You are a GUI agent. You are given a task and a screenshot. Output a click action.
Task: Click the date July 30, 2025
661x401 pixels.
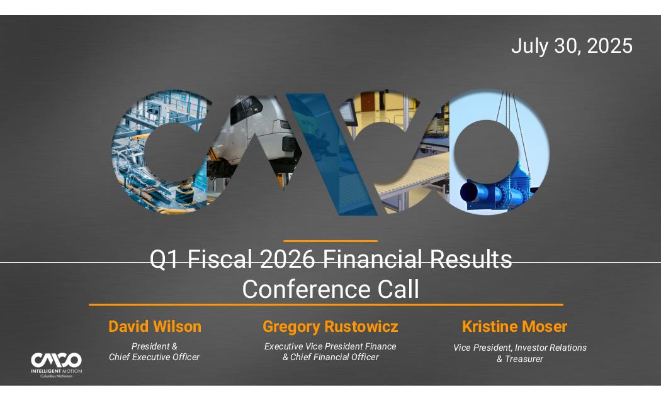572,46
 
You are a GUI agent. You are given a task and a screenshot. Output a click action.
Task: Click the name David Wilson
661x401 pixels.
155,327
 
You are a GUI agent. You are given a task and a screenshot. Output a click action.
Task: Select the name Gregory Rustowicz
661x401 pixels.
330,327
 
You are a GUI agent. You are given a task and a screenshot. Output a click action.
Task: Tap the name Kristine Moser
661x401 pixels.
514,327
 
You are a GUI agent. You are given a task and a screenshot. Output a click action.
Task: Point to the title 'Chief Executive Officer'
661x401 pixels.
154,357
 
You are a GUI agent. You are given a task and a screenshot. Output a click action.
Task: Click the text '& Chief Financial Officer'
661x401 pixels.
330,357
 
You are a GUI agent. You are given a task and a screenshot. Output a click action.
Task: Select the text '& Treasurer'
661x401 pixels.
520,359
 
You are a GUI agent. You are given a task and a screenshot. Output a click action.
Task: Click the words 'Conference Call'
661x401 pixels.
330,289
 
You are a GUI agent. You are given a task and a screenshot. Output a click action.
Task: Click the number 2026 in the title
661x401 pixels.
287,259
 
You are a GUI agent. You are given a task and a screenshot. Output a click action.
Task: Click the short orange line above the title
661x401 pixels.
330,241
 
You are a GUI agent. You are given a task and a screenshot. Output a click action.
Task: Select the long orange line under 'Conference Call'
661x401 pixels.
326,305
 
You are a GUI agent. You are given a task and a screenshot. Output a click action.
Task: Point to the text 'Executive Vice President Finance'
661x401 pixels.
330,346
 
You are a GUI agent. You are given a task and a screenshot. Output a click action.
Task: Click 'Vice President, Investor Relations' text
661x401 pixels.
520,348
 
